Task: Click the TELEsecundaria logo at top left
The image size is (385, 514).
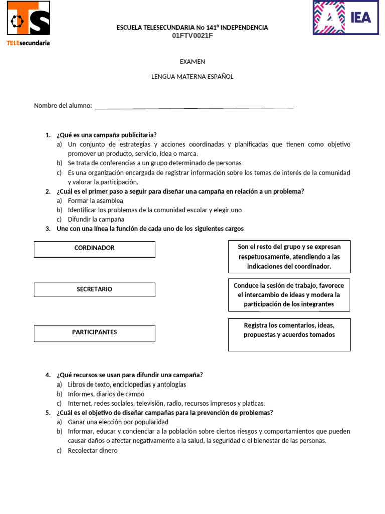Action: coord(28,23)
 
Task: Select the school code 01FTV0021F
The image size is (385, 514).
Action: coord(192,35)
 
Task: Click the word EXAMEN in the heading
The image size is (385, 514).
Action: coord(192,62)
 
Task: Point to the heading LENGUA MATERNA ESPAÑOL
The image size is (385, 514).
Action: coord(192,77)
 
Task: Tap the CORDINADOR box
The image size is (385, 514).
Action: coord(94,249)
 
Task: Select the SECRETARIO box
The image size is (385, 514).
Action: coord(94,290)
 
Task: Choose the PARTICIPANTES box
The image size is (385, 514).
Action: coord(94,333)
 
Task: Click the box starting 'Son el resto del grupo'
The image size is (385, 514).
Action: coord(289,256)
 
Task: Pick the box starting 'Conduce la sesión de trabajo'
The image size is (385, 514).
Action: coord(289,295)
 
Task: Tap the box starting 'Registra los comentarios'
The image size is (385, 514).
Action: coord(289,334)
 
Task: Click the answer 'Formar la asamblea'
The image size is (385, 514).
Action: coord(95,201)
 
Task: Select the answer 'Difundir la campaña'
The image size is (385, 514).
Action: coord(96,219)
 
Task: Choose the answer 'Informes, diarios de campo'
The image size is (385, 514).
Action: coord(106,394)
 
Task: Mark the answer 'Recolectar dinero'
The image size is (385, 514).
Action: coord(93,450)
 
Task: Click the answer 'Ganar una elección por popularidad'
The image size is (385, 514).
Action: coord(118,422)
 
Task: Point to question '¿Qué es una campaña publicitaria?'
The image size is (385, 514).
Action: coord(107,135)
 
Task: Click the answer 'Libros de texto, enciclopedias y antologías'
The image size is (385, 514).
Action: coord(127,384)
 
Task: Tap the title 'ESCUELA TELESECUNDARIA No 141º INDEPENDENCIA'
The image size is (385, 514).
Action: coord(192,27)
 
